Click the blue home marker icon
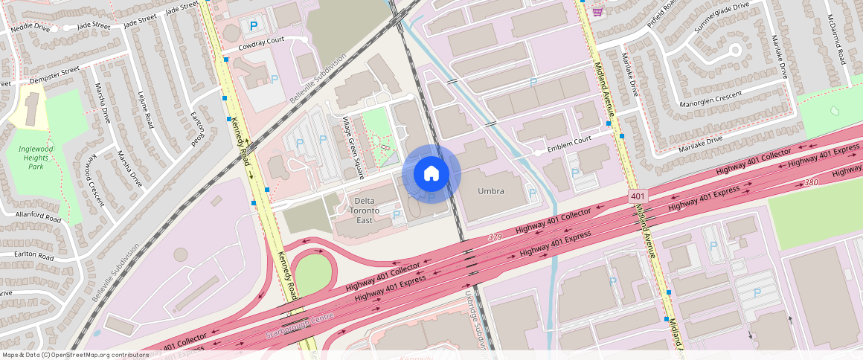[x=431, y=174]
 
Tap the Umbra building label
[x=490, y=191]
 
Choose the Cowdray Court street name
[x=261, y=46]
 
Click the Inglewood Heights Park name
[x=36, y=157]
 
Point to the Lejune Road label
[x=145, y=109]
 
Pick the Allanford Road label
[x=36, y=219]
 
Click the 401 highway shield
[x=637, y=196]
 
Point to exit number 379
[x=495, y=237]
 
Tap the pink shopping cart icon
[x=597, y=12]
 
